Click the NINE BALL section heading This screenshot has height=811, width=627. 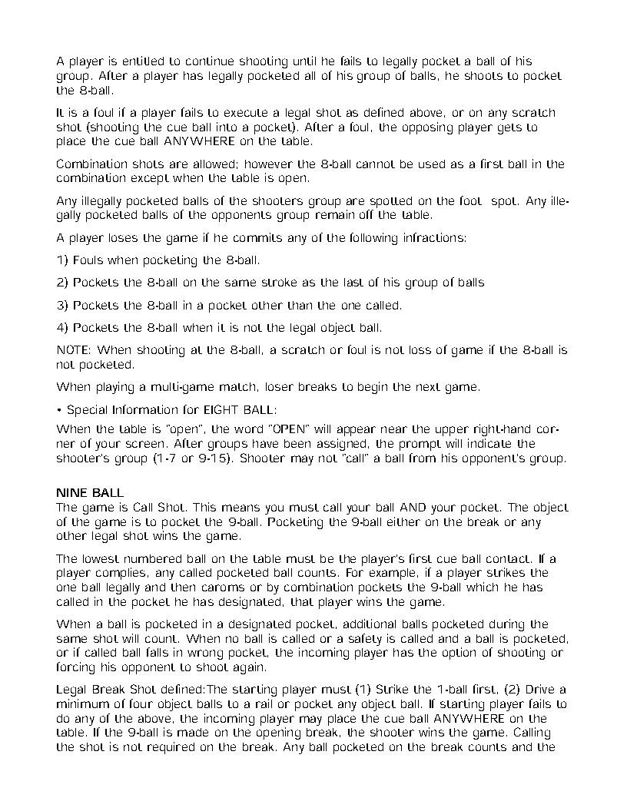pyautogui.click(x=91, y=492)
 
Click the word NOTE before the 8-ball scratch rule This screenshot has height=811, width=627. pyautogui.click(x=74, y=350)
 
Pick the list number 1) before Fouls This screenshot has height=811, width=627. pyautogui.click(x=63, y=260)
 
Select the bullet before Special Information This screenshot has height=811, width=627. pyautogui.click(x=60, y=409)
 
